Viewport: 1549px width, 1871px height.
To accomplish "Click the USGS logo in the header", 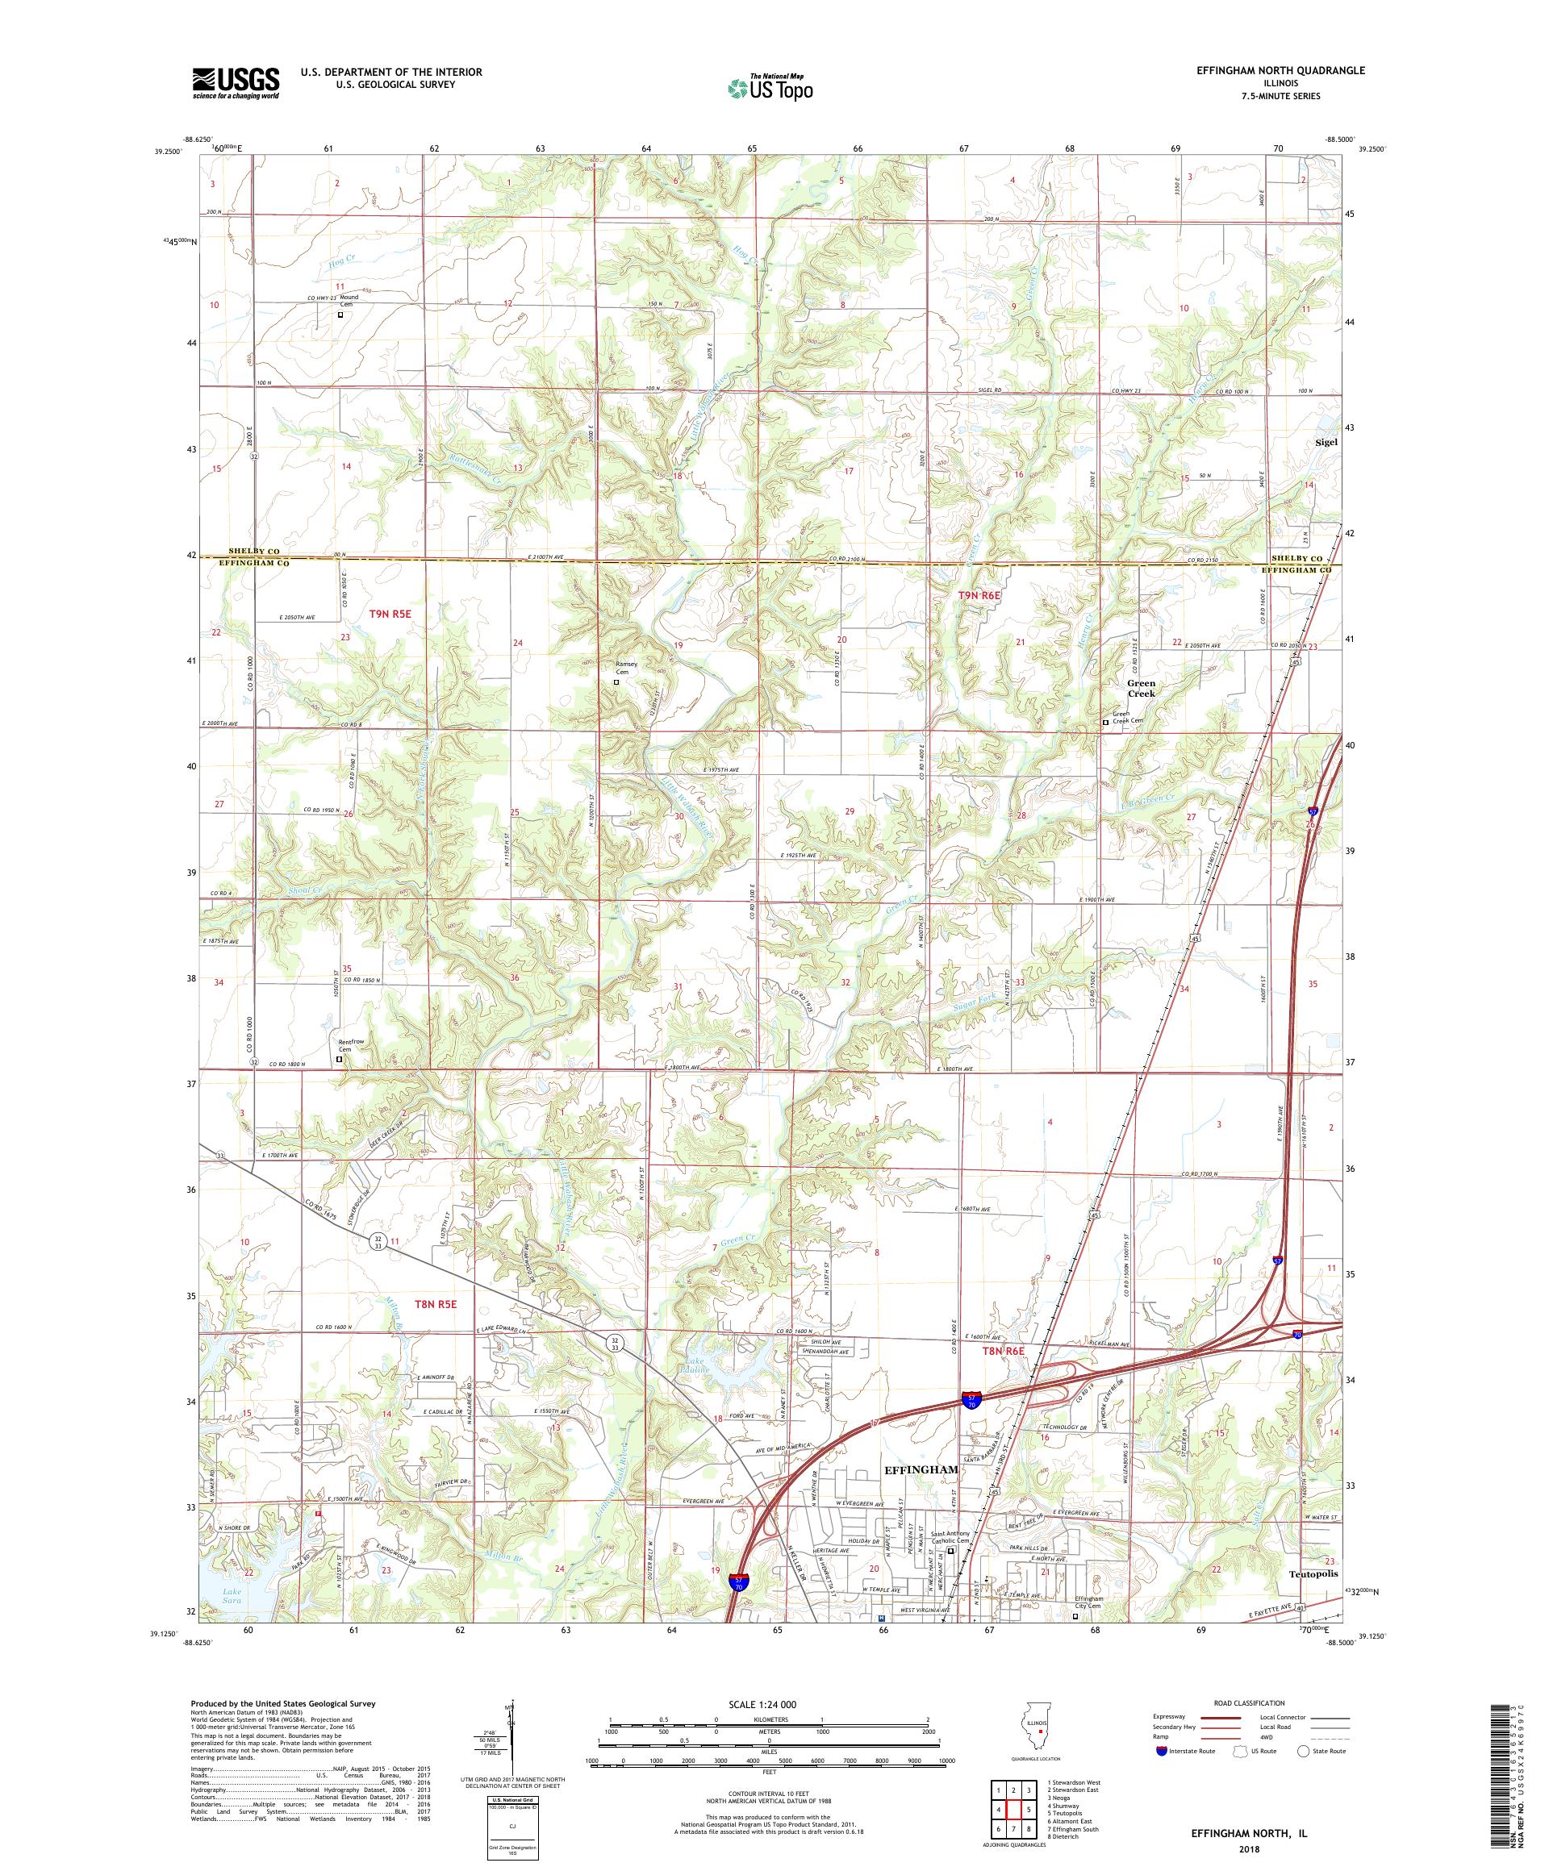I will click(x=236, y=83).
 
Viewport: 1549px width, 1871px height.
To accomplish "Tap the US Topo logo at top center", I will click(x=771, y=87).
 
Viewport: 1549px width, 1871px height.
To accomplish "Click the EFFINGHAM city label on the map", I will click(x=920, y=1469).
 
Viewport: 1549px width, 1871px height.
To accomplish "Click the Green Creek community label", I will click(x=1141, y=689).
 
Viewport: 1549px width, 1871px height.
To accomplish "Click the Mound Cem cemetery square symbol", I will click(x=340, y=315).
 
